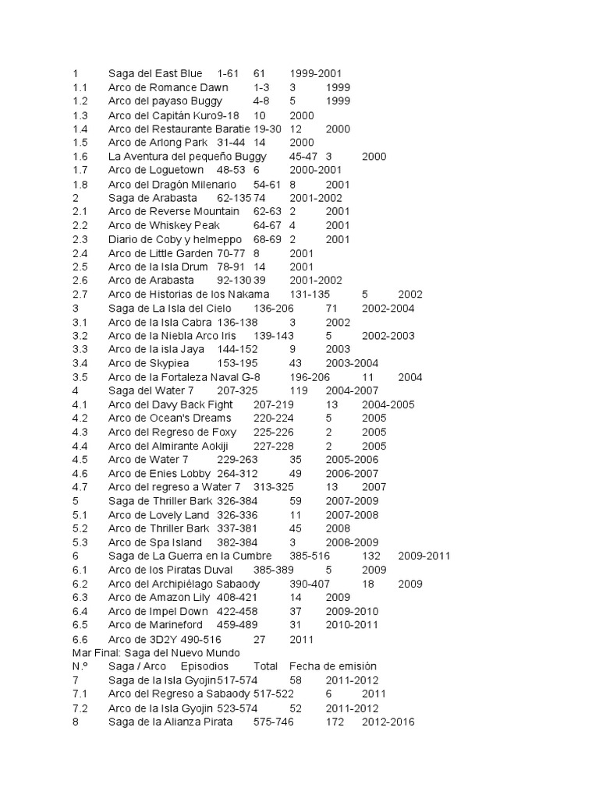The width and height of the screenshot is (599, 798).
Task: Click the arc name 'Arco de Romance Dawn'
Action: pyautogui.click(x=168, y=87)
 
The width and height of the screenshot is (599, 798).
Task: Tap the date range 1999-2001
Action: pyautogui.click(x=316, y=73)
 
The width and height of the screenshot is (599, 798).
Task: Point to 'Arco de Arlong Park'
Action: pyautogui.click(x=158, y=143)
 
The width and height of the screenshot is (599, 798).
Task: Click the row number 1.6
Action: pyautogui.click(x=80, y=157)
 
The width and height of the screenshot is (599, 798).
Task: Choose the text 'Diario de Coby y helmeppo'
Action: pyautogui.click(x=175, y=239)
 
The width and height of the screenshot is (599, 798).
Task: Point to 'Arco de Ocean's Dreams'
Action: pyautogui.click(x=169, y=418)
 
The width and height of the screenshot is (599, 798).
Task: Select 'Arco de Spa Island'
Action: pyautogui.click(x=155, y=542)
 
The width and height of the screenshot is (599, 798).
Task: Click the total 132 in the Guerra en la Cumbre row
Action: pyautogui.click(x=371, y=556)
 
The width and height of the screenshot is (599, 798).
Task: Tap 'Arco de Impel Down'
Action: pyautogui.click(x=156, y=611)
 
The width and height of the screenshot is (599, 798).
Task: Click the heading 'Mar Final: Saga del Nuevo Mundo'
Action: pyautogui.click(x=156, y=652)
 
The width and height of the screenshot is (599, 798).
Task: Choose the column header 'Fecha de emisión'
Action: pyautogui.click(x=333, y=666)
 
